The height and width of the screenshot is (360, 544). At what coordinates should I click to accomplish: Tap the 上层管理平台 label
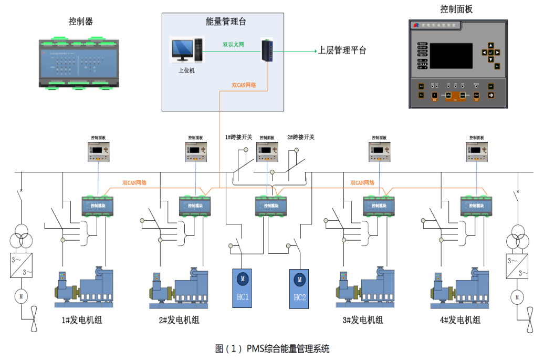[342, 51]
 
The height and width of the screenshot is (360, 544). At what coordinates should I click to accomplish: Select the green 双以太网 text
[233, 45]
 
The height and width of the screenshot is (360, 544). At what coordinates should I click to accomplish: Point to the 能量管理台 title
[226, 22]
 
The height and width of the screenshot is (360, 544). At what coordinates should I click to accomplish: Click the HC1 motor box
[243, 288]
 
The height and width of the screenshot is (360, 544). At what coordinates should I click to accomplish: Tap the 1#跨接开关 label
[239, 137]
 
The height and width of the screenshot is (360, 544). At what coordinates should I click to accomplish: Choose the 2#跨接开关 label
[301, 137]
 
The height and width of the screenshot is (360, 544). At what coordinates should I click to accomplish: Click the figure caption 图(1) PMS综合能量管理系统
[272, 348]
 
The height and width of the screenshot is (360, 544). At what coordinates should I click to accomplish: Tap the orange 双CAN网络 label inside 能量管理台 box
[244, 85]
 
